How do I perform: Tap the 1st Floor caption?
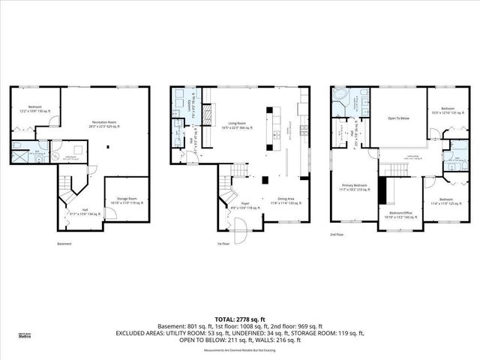[x=222, y=244]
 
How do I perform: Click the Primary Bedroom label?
[x=355, y=187]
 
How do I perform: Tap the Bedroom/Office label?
[x=402, y=214]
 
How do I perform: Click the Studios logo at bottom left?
[x=25, y=335]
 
